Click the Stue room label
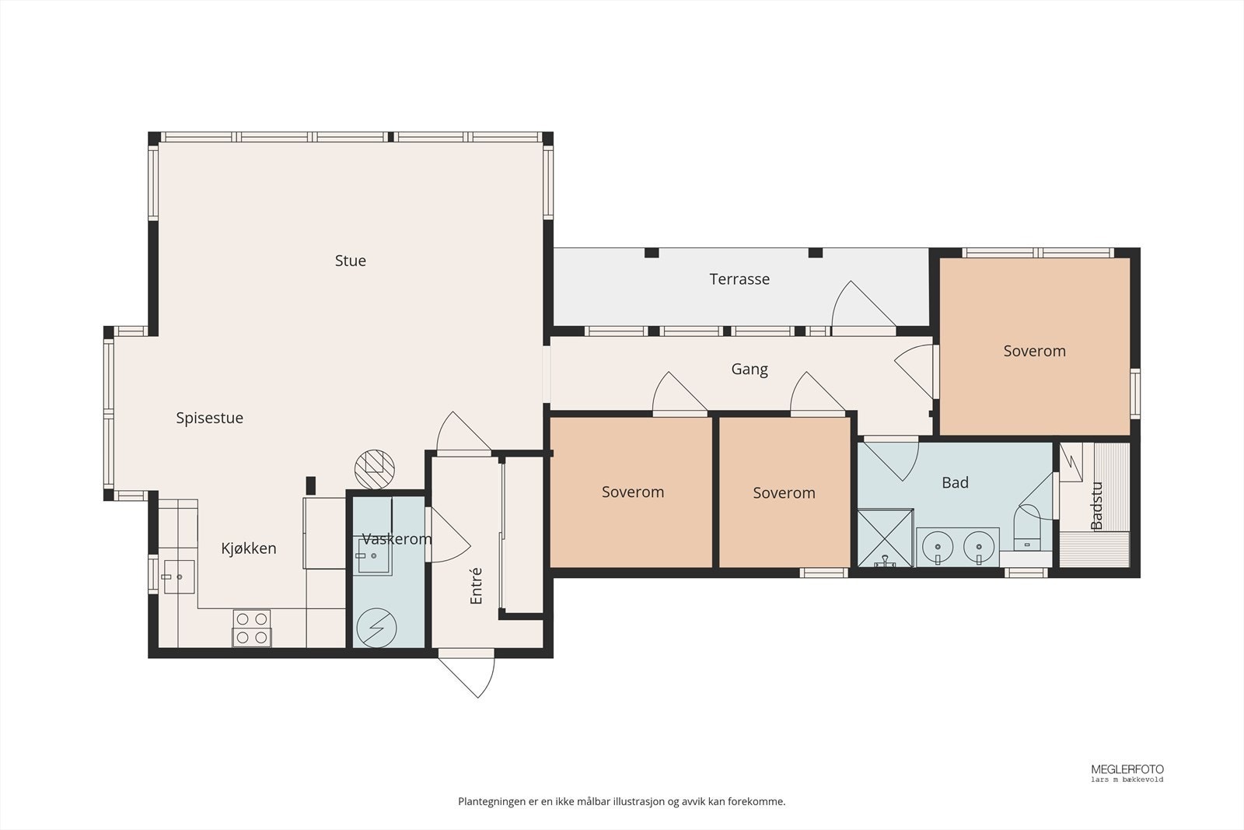350,261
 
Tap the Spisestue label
209,418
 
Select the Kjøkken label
248,548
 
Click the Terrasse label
739,279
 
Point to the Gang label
750,369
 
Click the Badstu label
1096,506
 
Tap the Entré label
476,586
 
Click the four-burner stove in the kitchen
252,628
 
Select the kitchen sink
179,576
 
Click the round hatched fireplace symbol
374,469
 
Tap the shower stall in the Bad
886,538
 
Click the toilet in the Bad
1027,527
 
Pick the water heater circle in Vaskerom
376,628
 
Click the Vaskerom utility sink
372,555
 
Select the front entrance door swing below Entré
466,678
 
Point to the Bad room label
956,483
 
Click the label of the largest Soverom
1034,351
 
